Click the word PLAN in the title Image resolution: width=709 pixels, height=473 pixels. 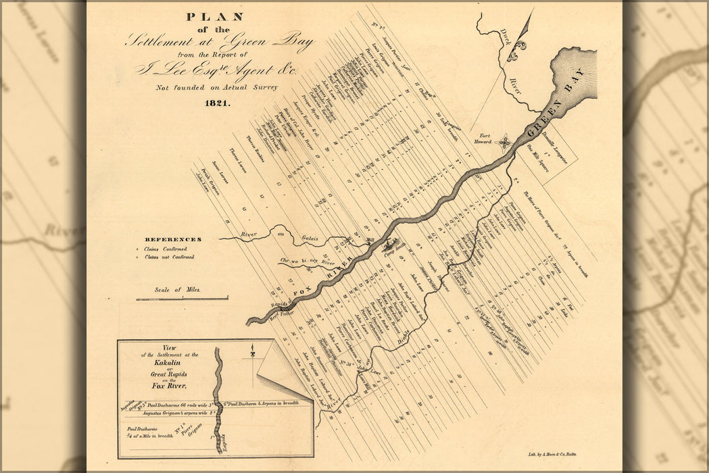tap(214, 16)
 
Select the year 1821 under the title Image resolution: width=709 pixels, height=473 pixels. tap(217, 103)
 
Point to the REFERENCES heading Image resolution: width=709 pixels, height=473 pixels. tap(172, 239)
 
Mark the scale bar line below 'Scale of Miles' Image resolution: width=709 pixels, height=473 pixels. tap(182, 298)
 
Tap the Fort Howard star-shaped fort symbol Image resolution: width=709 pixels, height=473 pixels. tap(504, 143)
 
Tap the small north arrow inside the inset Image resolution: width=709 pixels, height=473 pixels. tap(252, 353)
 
